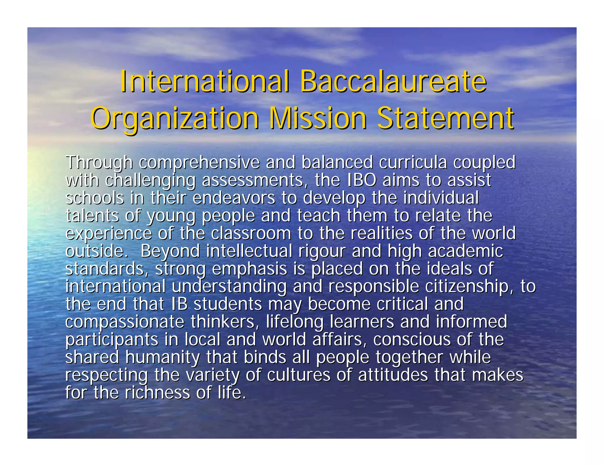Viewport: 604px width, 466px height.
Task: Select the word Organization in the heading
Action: [x=175, y=118]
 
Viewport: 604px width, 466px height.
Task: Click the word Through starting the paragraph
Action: [x=99, y=163]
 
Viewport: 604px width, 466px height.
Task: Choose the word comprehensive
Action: [x=199, y=163]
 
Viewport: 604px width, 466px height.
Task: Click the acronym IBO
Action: [x=362, y=180]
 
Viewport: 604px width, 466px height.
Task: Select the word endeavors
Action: [x=234, y=198]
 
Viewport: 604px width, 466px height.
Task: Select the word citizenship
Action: [x=469, y=286]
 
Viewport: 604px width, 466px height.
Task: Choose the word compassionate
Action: [x=125, y=322]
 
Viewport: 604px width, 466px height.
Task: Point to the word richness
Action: [x=157, y=393]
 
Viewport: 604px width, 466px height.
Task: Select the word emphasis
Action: [x=250, y=269]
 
